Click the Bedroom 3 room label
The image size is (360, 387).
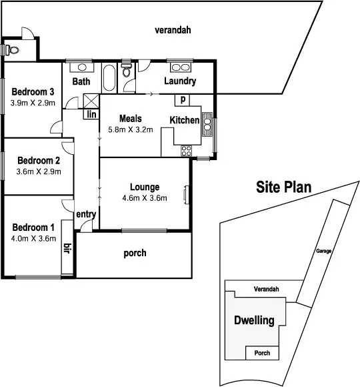click(x=32, y=92)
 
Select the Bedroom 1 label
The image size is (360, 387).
click(x=33, y=227)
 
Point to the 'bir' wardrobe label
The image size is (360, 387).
click(x=67, y=250)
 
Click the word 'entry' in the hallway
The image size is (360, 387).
click(x=86, y=214)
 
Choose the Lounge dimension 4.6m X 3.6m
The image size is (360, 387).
click(x=144, y=198)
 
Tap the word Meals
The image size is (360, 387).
click(x=130, y=119)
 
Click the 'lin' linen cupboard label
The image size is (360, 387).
click(x=89, y=114)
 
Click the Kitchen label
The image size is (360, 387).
click(x=185, y=120)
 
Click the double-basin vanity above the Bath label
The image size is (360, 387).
click(x=81, y=67)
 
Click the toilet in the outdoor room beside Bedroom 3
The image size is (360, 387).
click(x=11, y=49)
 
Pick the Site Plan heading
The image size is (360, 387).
click(x=284, y=187)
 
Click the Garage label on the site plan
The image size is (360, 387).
click(x=324, y=252)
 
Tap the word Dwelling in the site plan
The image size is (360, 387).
click(x=254, y=321)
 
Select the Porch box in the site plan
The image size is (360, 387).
click(x=263, y=353)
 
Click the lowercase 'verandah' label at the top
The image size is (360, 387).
click(x=173, y=30)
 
